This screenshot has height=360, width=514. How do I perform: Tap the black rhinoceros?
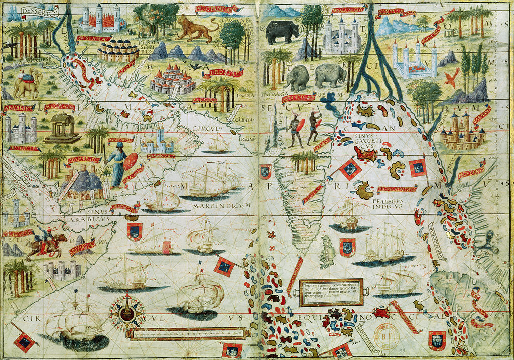[282, 32]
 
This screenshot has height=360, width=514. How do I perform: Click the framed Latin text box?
[331, 291]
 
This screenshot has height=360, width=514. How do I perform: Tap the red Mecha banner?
[59, 107]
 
